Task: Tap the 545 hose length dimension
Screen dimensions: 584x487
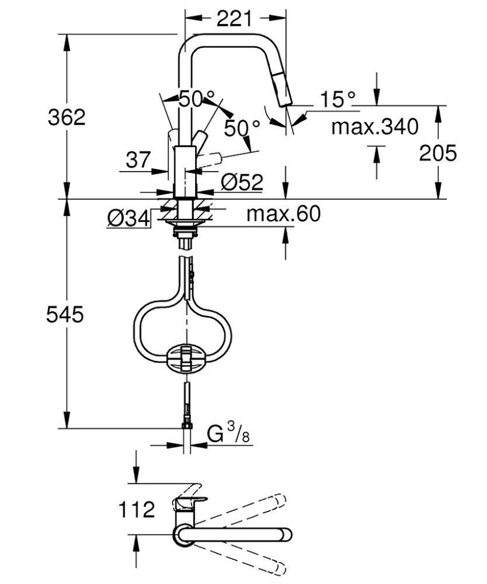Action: pyautogui.click(x=66, y=315)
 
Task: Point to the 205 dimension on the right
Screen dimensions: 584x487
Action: pyautogui.click(x=438, y=153)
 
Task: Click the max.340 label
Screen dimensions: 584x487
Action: pyautogui.click(x=375, y=126)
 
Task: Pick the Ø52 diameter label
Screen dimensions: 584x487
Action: pyautogui.click(x=242, y=183)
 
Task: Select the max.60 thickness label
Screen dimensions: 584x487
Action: pyautogui.click(x=283, y=214)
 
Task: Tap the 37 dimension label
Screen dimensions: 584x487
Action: pyautogui.click(x=138, y=159)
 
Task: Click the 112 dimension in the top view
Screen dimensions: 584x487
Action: pyautogui.click(x=135, y=509)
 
